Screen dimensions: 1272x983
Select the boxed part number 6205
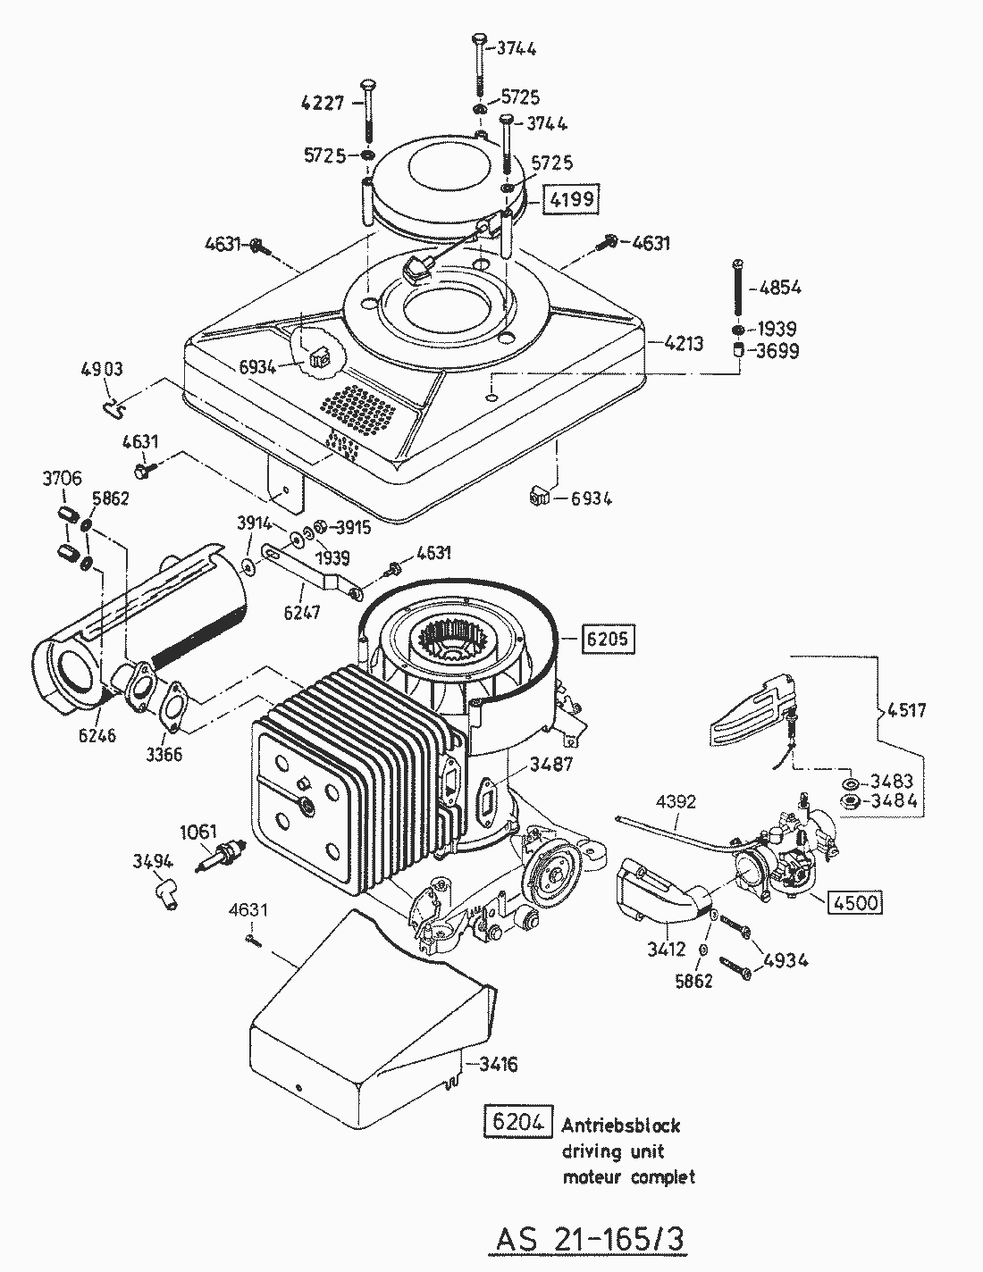[x=609, y=638]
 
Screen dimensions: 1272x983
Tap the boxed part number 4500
[x=856, y=902]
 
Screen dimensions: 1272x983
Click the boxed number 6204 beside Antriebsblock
[x=517, y=1123]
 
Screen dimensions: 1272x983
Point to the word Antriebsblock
[x=621, y=1126]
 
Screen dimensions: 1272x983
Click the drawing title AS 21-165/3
[x=591, y=1240]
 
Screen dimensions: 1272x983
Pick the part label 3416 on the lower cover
[x=499, y=1064]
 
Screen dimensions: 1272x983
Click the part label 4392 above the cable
[x=675, y=801]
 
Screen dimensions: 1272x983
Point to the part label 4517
[x=907, y=711]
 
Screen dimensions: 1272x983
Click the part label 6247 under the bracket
[x=301, y=613]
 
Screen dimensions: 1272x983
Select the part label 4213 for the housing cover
[x=684, y=342]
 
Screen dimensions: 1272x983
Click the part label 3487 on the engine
[x=550, y=765]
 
